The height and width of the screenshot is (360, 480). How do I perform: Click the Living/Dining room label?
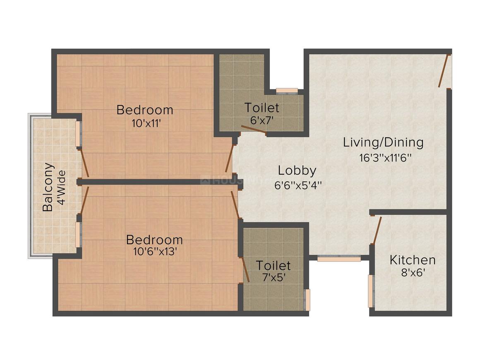coord(383,142)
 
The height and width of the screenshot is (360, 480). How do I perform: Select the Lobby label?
coord(297,170)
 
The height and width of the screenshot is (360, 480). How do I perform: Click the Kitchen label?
coord(412,260)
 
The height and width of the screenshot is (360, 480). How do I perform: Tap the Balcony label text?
coord(48,187)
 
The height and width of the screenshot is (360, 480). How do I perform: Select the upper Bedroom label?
coord(144,110)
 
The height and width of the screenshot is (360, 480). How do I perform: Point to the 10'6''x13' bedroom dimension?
coord(154,252)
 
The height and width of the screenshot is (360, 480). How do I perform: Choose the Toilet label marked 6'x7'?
coord(262,108)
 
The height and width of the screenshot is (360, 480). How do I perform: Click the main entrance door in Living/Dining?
coord(444,71)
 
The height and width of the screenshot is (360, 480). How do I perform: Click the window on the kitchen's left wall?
coord(370,291)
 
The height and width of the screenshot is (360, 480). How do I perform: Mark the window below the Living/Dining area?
coord(339,258)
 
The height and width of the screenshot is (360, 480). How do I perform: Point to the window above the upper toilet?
coord(287,91)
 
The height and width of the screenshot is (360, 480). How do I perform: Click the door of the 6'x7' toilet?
coord(254,130)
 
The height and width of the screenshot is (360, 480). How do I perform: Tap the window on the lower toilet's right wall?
coord(307,300)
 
